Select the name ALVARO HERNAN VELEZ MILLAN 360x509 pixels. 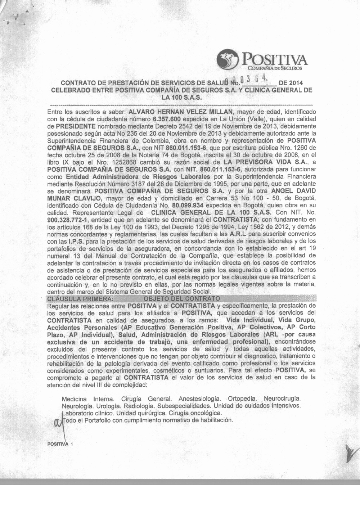[x=180, y=112]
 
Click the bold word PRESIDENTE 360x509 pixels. [x=76, y=126]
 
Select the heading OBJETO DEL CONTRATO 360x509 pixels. [x=181, y=299]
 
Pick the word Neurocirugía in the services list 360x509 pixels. [x=282, y=399]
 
